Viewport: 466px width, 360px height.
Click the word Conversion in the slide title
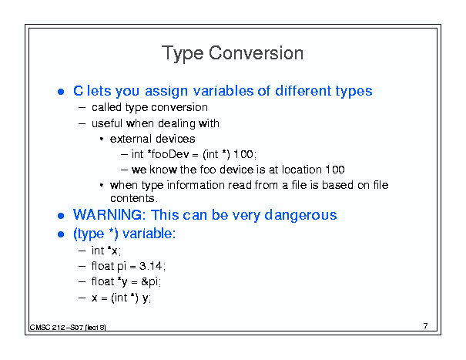click(x=256, y=53)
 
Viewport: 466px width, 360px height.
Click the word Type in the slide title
click(x=183, y=54)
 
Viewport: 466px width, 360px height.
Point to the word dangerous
click(x=300, y=215)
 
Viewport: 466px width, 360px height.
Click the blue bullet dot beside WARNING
click(x=61, y=216)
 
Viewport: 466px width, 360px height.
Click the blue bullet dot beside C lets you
click(x=61, y=92)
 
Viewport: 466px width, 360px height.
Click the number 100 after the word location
click(x=335, y=170)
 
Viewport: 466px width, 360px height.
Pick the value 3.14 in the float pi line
click(x=151, y=266)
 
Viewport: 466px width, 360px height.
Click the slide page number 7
click(x=426, y=326)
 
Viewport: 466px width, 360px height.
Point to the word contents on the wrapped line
click(x=132, y=198)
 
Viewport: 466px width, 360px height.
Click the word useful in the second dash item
click(x=107, y=123)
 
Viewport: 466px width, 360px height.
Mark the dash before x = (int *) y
click(x=82, y=298)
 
